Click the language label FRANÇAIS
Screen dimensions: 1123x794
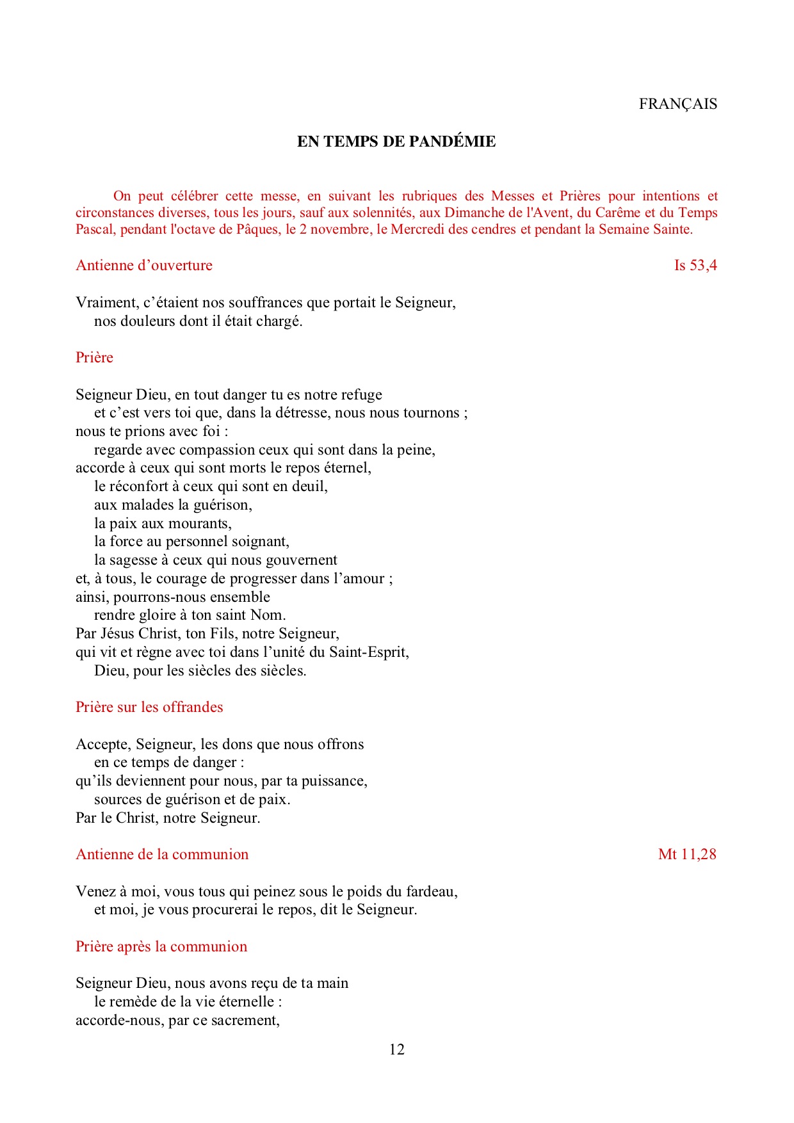pos(677,104)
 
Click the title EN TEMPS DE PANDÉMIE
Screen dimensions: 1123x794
pos(396,141)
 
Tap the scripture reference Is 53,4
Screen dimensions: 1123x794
pos(695,265)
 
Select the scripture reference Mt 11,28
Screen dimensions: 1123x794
pos(687,854)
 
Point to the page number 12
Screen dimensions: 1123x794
pos(397,1049)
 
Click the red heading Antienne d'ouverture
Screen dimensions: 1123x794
pos(144,265)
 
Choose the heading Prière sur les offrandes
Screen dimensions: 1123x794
pos(149,707)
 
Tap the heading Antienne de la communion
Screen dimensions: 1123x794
pos(162,854)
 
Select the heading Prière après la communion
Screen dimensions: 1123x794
pos(161,946)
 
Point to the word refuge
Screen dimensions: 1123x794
pos(362,394)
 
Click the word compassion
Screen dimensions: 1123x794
pos(218,449)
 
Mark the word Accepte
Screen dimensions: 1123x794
pos(103,744)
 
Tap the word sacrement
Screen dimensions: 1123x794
pos(245,1020)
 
